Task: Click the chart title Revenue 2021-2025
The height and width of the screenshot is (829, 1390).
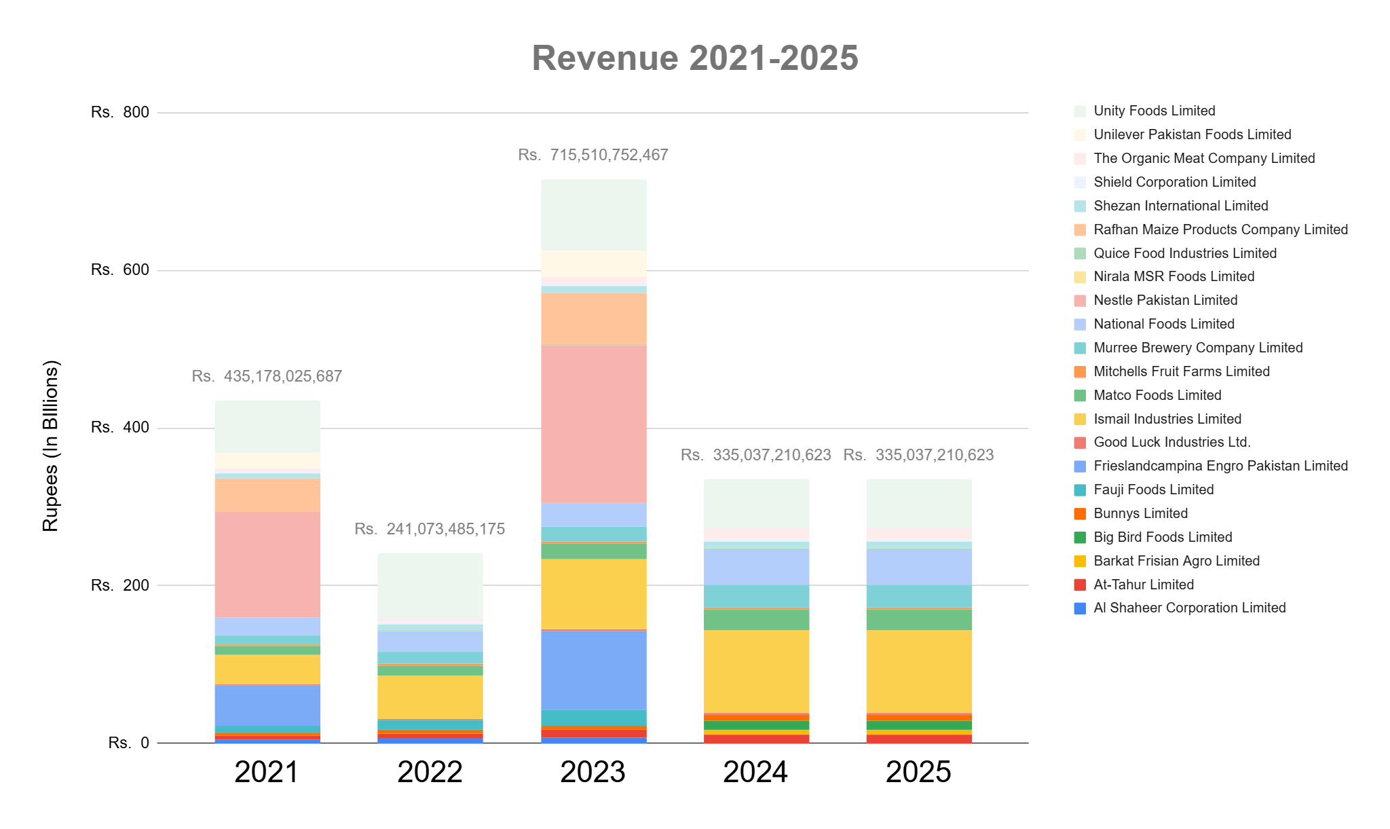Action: coord(694,58)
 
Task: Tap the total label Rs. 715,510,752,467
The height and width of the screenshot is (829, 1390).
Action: coord(593,155)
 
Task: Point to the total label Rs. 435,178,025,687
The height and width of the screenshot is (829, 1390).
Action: coord(267,376)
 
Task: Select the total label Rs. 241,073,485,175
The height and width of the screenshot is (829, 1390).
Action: coord(430,529)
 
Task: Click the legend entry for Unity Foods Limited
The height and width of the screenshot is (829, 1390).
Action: coord(1154,111)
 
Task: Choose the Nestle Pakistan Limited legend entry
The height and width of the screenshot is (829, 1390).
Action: coord(1165,300)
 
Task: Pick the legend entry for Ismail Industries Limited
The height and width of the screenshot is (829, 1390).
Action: coord(1167,419)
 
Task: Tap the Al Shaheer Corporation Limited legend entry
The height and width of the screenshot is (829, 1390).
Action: coord(1189,608)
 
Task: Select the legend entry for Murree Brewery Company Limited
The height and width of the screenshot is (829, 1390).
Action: coord(1198,348)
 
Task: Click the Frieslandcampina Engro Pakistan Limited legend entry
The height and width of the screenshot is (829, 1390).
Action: coord(1220,466)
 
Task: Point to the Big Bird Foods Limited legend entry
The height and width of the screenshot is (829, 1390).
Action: coord(1163,537)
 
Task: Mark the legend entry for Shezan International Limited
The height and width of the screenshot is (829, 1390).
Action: coord(1180,206)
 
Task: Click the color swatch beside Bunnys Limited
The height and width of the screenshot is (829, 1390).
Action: coord(1081,514)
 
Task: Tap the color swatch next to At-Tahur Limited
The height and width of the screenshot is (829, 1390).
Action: coord(1081,585)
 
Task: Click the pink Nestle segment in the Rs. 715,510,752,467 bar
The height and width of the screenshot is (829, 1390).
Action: coord(593,424)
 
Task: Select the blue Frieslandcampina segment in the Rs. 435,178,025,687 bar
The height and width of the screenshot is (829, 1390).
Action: coord(267,705)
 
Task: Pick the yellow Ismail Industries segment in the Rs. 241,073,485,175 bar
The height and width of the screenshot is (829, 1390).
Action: coord(430,697)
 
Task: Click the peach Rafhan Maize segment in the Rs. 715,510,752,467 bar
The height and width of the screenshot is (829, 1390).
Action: coord(593,319)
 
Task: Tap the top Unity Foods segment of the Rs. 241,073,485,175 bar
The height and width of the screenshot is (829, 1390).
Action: coord(430,586)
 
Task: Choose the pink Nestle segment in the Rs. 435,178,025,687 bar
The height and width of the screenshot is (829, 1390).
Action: coord(267,564)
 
